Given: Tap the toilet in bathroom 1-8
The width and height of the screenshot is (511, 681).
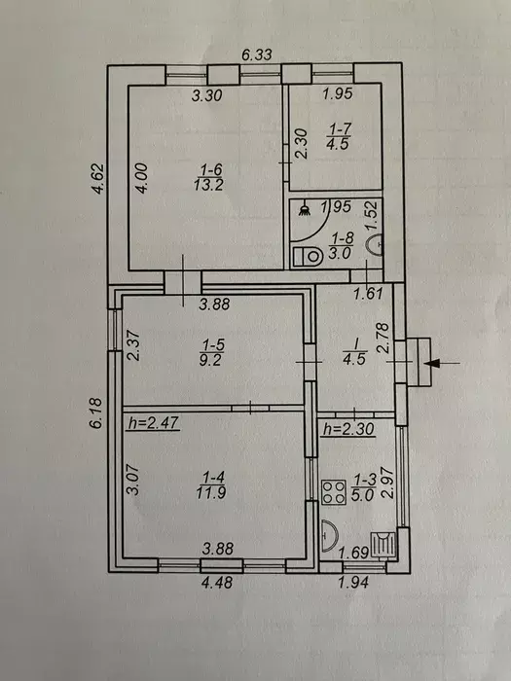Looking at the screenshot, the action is coord(308,256).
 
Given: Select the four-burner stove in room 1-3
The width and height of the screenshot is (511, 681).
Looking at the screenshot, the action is coord(334,492).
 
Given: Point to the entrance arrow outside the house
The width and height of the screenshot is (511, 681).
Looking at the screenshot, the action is coord(442,362).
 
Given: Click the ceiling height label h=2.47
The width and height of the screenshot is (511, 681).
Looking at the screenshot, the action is coord(153,422).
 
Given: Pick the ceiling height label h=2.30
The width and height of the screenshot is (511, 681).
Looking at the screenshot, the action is coord(348,429).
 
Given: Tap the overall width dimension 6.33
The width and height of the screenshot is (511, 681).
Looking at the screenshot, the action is coord(257,54).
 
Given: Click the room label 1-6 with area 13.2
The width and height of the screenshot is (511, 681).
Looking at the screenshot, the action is coord(209,177).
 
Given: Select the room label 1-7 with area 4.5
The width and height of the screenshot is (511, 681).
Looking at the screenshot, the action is coord(338,136).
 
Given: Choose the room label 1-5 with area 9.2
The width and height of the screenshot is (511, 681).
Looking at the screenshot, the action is coord(211,352).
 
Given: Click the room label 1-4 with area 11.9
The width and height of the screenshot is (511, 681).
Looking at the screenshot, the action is coord(211,484).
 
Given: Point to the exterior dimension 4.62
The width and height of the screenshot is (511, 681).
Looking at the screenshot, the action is coord(98,178).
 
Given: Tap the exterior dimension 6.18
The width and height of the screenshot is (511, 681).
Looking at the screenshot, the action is coord(96,413).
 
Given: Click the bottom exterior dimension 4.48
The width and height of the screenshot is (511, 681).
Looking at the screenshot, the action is coord(217,582).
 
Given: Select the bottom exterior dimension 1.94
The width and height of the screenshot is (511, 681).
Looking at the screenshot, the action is coord(353,582).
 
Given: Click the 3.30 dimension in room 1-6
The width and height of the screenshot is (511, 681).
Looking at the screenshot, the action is coord(207,94).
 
